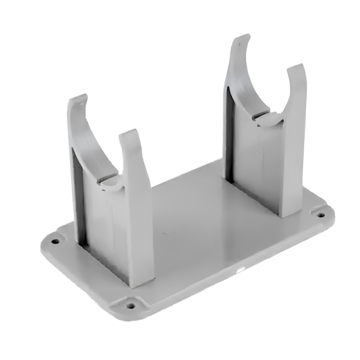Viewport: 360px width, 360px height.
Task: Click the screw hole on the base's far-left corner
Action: (x=55, y=241)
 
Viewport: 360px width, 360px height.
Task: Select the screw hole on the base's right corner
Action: (x=321, y=214)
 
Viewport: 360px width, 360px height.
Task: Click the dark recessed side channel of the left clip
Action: (x=77, y=198)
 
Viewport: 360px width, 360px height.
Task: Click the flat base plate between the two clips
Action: (x=192, y=222)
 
